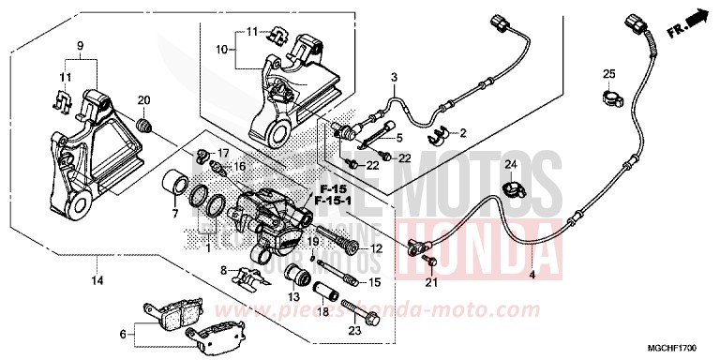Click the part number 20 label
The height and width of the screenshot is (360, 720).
[x=144, y=101]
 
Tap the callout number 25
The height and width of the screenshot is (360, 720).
[x=608, y=74]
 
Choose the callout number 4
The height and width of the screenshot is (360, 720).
[x=532, y=275]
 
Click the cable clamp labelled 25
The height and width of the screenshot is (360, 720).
[x=610, y=95]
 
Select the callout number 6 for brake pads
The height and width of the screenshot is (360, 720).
[x=121, y=334]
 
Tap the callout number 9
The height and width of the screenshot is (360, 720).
[x=80, y=45]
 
